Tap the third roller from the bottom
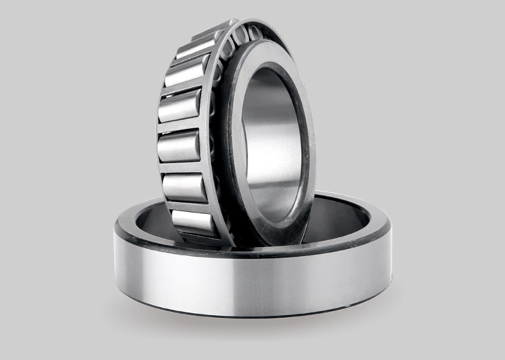(x=178, y=147)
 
